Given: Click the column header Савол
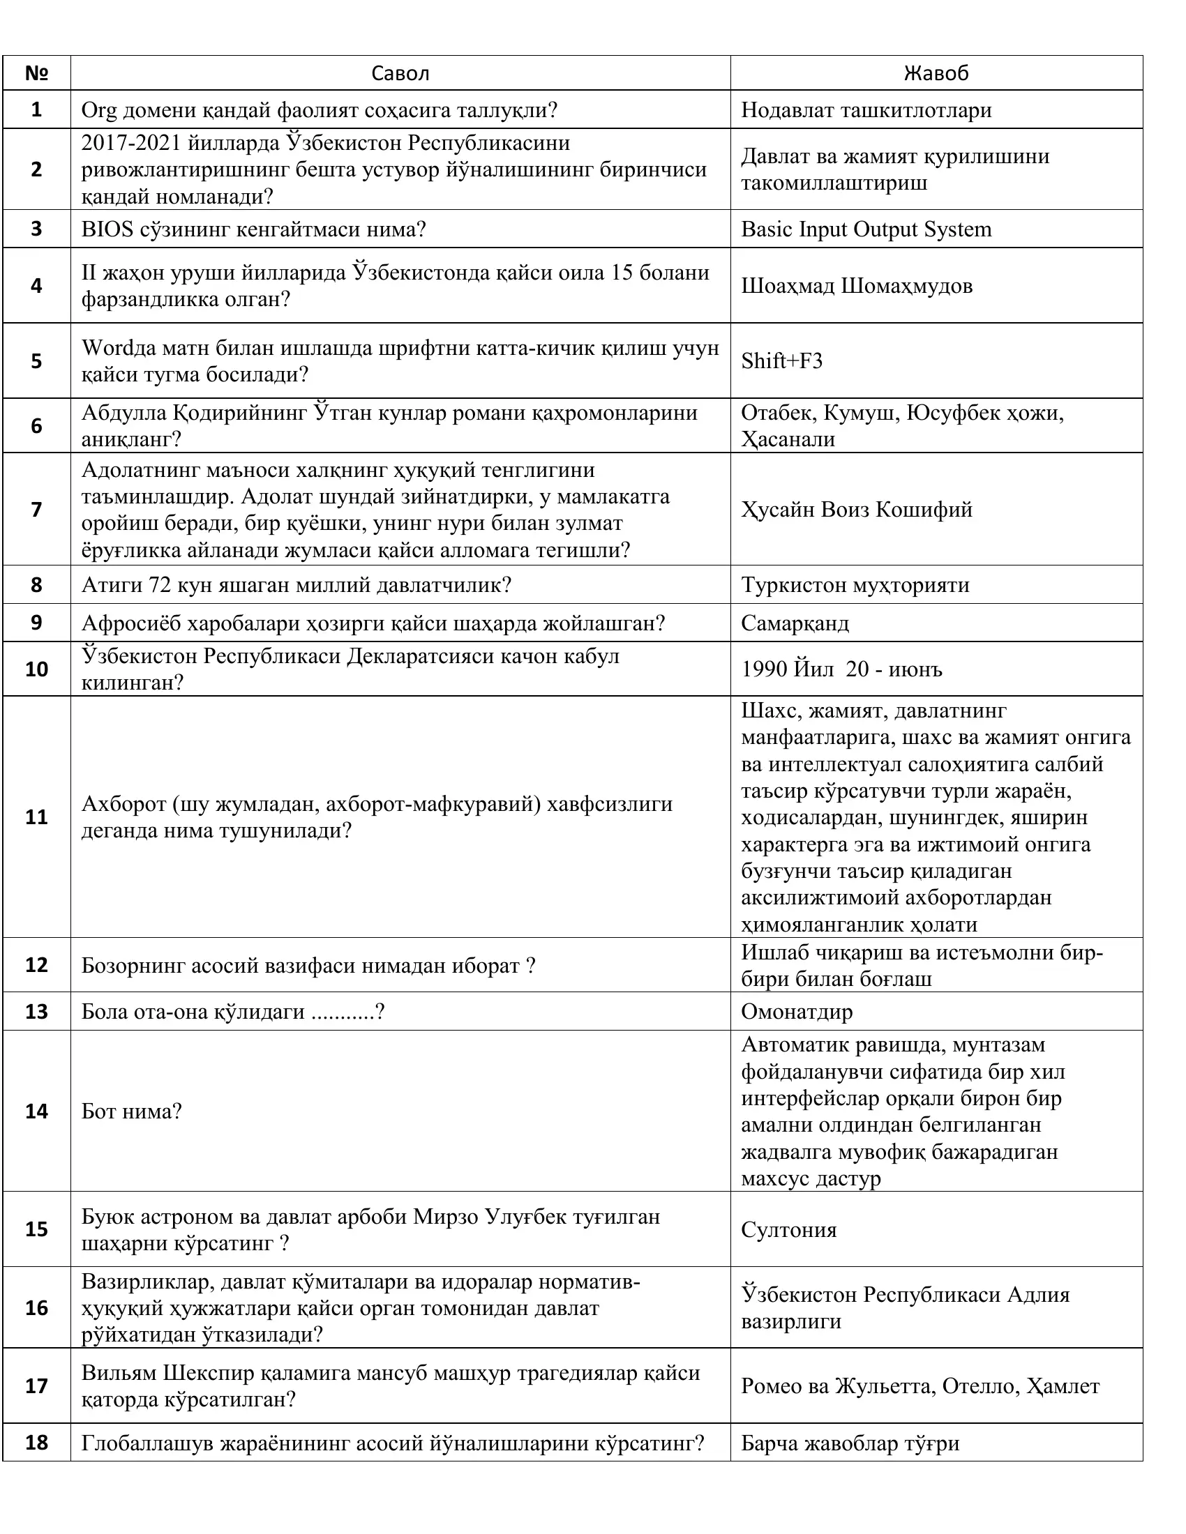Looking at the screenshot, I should [400, 73].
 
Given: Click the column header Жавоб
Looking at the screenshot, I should [936, 73].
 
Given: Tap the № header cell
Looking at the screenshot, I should [36, 73].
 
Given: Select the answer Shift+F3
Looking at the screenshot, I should [781, 361].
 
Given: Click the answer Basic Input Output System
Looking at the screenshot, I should [866, 229].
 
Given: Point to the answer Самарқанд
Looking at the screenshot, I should [795, 624].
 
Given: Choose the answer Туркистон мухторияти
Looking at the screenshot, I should [855, 585].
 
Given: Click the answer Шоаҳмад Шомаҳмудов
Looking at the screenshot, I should [857, 286].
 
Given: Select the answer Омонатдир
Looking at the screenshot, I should [797, 1012].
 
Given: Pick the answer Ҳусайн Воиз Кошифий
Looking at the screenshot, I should [857, 509].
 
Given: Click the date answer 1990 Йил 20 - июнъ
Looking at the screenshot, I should [841, 669].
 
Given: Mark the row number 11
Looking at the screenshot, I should [36, 817].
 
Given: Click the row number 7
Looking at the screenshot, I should [36, 509].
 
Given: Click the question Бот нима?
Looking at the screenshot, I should [131, 1112].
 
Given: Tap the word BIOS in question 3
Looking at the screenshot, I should [107, 229].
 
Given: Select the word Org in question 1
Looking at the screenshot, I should [98, 110].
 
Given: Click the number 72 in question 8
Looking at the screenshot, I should [160, 585].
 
